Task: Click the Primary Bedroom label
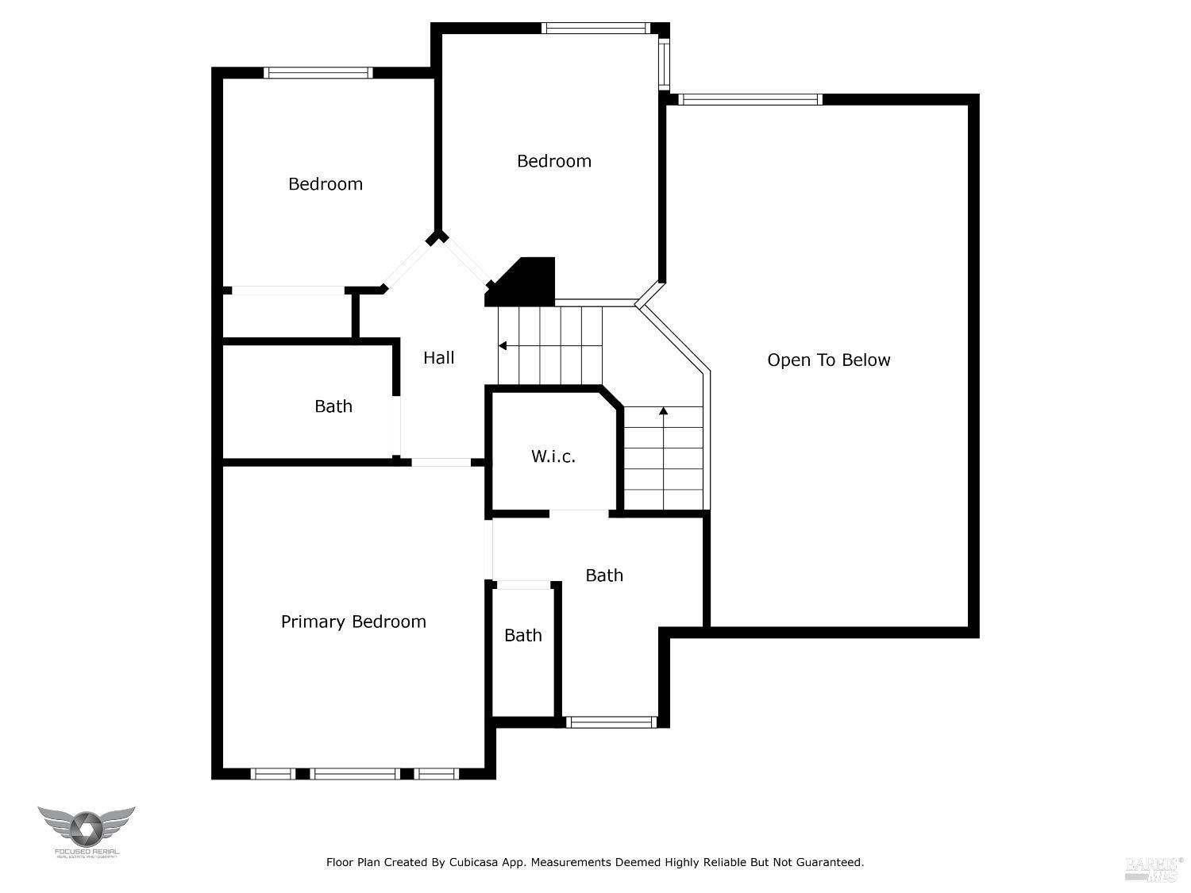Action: click(x=353, y=622)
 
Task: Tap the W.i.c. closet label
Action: click(x=553, y=456)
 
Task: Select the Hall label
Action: click(x=438, y=358)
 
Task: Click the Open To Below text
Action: click(x=828, y=360)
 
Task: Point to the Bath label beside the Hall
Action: click(x=333, y=406)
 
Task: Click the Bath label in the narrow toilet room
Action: click(x=523, y=635)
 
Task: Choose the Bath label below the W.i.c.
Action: click(x=604, y=575)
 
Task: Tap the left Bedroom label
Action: click(x=325, y=184)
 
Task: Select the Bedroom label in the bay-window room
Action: click(x=553, y=161)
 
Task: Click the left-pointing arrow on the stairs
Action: click(x=503, y=345)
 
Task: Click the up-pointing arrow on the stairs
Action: click(x=663, y=411)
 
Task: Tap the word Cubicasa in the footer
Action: click(x=474, y=862)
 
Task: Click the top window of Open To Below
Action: click(x=750, y=99)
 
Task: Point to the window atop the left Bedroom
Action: click(x=318, y=72)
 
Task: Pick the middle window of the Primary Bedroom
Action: click(x=354, y=773)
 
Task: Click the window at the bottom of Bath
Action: click(x=611, y=722)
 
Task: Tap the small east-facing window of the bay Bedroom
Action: click(x=665, y=64)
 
